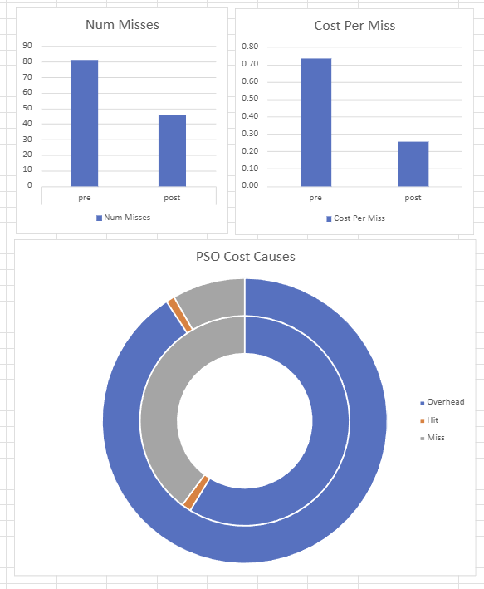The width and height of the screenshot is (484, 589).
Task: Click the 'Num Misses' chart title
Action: [x=122, y=25]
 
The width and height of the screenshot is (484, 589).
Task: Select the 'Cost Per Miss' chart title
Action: [x=354, y=26]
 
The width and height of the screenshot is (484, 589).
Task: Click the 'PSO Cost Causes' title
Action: [x=245, y=256]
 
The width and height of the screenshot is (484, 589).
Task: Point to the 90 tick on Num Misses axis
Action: [x=27, y=46]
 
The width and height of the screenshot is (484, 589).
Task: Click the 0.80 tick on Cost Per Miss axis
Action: [x=250, y=47]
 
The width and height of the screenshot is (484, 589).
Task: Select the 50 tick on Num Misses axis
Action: [x=27, y=108]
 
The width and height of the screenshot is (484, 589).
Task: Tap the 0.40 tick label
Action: [x=250, y=116]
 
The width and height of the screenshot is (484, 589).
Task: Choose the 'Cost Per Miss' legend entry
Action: [x=355, y=218]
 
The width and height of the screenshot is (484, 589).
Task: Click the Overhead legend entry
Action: [x=445, y=402]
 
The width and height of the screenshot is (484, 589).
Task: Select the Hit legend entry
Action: [x=433, y=420]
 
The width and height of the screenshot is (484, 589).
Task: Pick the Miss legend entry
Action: [x=435, y=437]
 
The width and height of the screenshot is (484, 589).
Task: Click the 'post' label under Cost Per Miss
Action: [x=413, y=198]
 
